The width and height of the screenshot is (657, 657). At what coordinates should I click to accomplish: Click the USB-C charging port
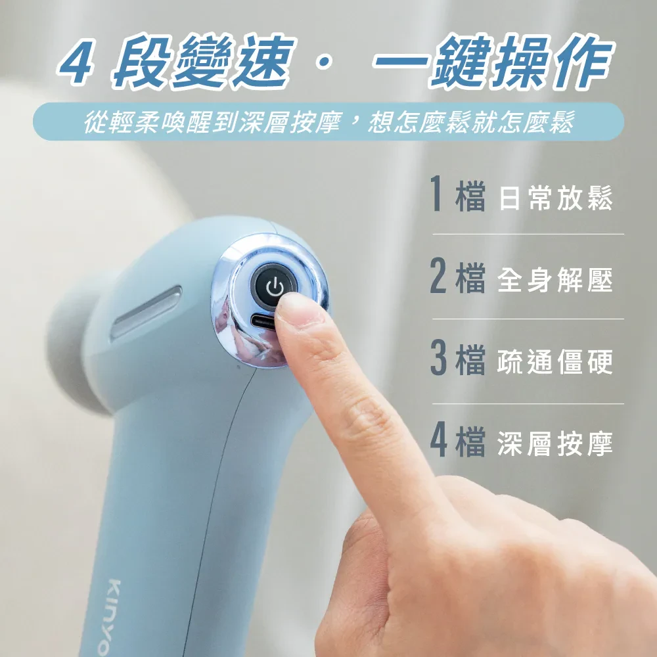click(x=263, y=322)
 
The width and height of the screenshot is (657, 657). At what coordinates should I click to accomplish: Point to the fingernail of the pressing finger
click(x=300, y=309)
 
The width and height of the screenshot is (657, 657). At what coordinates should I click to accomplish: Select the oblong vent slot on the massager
click(x=147, y=311)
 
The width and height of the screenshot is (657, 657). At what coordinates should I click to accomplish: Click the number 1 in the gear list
click(x=437, y=193)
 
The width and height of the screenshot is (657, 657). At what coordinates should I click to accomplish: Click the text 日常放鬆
click(x=556, y=198)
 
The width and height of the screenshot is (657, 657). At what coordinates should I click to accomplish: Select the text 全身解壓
click(x=556, y=279)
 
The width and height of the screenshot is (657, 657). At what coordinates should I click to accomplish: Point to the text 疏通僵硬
click(x=556, y=361)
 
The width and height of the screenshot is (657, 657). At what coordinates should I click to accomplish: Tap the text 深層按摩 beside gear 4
click(x=556, y=443)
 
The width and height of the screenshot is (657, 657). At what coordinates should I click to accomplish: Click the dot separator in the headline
click(x=324, y=63)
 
